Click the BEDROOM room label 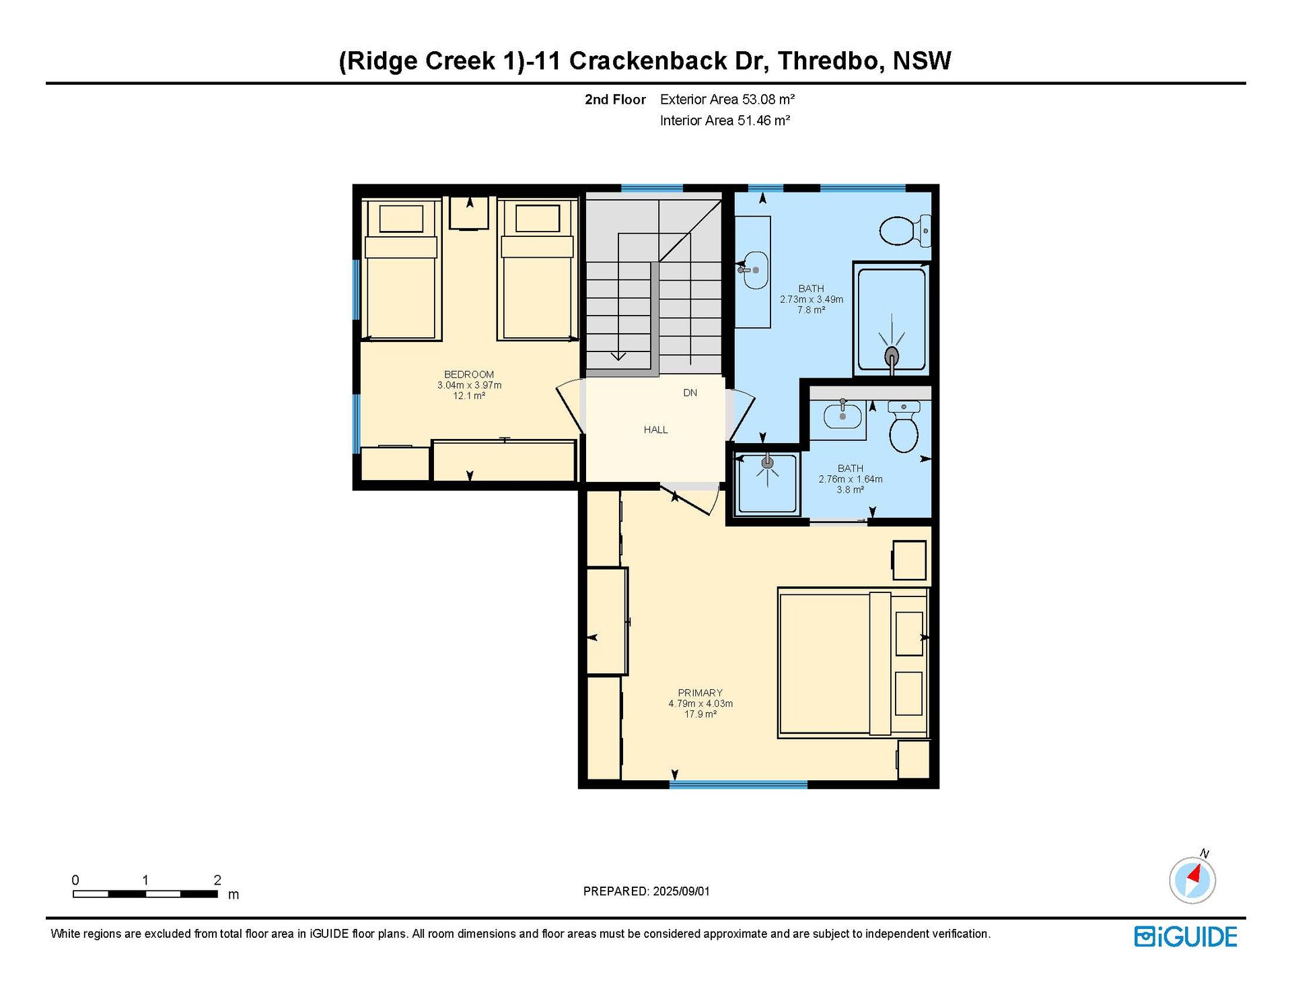[x=469, y=374]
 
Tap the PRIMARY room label [x=700, y=693]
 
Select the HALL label [x=655, y=429]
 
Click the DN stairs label [x=690, y=392]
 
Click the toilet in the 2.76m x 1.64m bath [x=904, y=427]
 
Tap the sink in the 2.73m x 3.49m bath [x=754, y=270]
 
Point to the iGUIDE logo [x=1186, y=936]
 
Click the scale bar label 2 [x=217, y=880]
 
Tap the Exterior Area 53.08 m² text [x=727, y=100]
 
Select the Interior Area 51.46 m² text [x=725, y=120]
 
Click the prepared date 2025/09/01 [x=681, y=891]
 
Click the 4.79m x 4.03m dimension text [x=701, y=703]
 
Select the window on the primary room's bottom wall [x=738, y=785]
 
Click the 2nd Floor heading [x=615, y=100]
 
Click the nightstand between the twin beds [x=469, y=213]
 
